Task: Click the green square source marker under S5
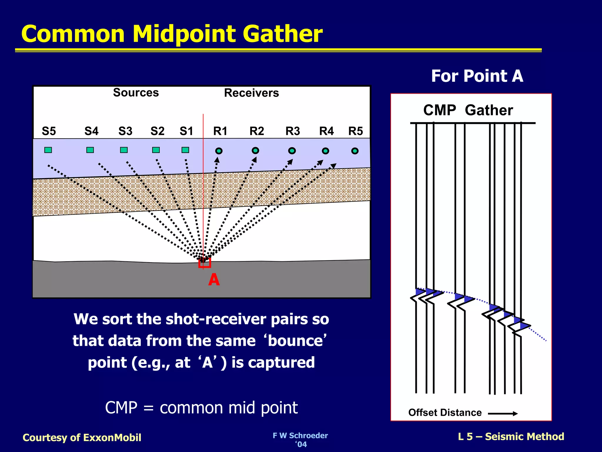pyautogui.click(x=48, y=150)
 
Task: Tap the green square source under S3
pyautogui.click(x=124, y=150)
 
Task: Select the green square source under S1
pyautogui.click(x=185, y=150)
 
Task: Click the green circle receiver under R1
pyautogui.click(x=219, y=151)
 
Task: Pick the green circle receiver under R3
pyautogui.click(x=292, y=151)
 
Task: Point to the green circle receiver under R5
pyautogui.click(x=355, y=151)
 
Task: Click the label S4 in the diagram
pyautogui.click(x=91, y=131)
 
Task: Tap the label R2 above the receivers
pyautogui.click(x=257, y=131)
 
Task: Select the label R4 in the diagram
pyautogui.click(x=326, y=131)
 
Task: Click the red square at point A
pyautogui.click(x=205, y=262)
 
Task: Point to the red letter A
pyautogui.click(x=214, y=280)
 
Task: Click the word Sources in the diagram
pyautogui.click(x=136, y=93)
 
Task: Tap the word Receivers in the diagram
pyautogui.click(x=251, y=93)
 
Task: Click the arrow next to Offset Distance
pyautogui.click(x=503, y=413)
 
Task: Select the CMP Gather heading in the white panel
pyautogui.click(x=468, y=110)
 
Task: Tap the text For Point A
pyautogui.click(x=477, y=76)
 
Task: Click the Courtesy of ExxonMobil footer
pyautogui.click(x=82, y=438)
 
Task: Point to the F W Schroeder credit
pyautogui.click(x=300, y=436)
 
